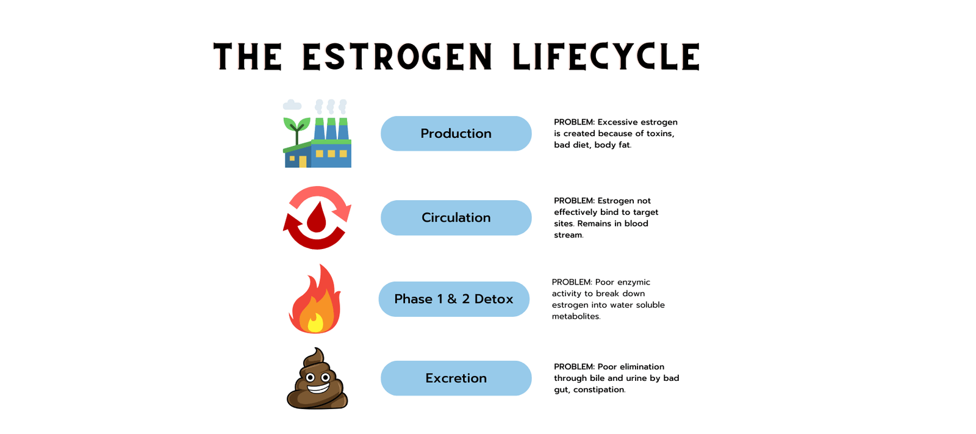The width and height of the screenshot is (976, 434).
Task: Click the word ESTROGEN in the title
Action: (x=397, y=57)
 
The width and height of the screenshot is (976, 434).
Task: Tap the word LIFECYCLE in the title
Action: (x=606, y=57)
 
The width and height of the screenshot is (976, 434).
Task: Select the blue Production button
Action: (x=456, y=134)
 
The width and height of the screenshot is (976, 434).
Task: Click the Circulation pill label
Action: (x=456, y=218)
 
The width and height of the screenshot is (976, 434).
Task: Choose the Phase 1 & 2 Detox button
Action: (x=453, y=299)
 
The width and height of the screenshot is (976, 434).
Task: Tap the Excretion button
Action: (x=456, y=378)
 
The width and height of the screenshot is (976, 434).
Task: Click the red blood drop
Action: (x=317, y=218)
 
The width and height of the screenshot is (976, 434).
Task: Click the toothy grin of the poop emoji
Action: (x=318, y=386)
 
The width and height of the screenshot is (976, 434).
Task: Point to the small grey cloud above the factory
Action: (x=292, y=105)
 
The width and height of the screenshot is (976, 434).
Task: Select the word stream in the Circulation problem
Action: (x=567, y=235)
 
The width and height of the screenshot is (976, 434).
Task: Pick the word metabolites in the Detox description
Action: (x=575, y=316)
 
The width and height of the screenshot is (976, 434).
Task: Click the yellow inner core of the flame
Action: (x=315, y=322)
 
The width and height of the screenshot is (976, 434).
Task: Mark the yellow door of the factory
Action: (x=303, y=162)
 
